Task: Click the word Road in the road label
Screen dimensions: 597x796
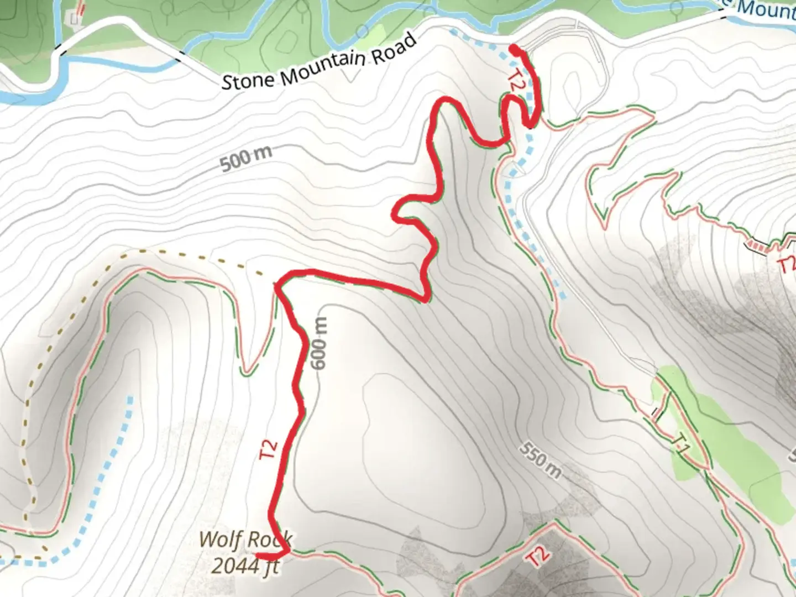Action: point(394,48)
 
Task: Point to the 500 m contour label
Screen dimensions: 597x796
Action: point(246,159)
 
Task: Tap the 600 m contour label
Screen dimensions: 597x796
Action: point(319,343)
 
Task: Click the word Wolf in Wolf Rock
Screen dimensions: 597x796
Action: point(220,538)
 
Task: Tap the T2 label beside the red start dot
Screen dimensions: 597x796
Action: point(515,81)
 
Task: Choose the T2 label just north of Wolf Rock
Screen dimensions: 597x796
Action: point(269,449)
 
